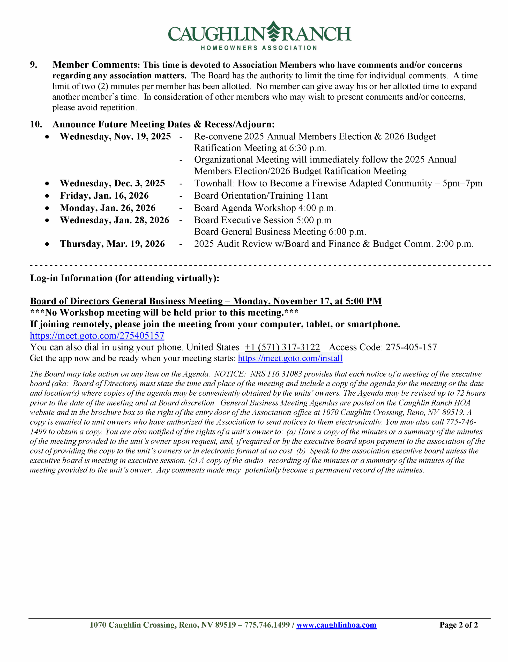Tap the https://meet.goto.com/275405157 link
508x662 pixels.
click(x=97, y=336)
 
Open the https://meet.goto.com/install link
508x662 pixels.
click(x=290, y=358)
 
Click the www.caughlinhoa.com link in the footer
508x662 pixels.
click(x=336, y=625)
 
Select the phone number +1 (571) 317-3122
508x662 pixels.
click(x=282, y=347)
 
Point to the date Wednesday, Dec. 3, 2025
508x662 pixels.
click(x=112, y=183)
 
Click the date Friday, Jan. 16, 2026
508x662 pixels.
click(x=104, y=195)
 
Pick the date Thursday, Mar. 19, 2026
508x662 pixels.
click(x=112, y=244)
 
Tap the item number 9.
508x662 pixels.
click(x=34, y=65)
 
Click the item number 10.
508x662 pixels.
click(x=36, y=124)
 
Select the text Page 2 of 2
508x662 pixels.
click(x=458, y=625)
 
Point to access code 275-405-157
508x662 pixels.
click(x=411, y=347)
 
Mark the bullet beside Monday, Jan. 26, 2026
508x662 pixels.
click(x=47, y=208)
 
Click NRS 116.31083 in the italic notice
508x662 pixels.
click(x=276, y=374)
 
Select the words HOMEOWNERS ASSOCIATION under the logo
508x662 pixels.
click(x=259, y=48)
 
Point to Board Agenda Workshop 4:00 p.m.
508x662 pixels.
click(x=265, y=208)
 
